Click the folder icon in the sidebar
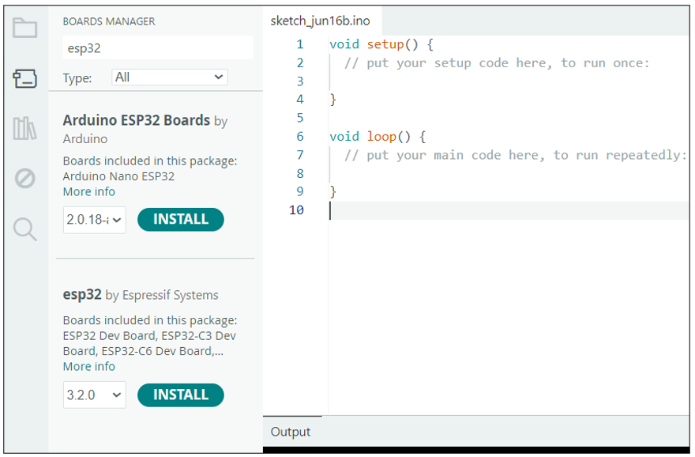tap(24, 28)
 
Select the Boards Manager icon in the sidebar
tap(24, 78)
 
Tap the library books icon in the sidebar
tap(24, 128)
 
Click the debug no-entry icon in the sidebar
tap(24, 179)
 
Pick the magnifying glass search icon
tap(24, 229)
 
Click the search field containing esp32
tap(158, 47)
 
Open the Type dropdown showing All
tap(170, 77)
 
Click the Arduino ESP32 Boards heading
tap(137, 120)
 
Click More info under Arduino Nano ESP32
tap(89, 191)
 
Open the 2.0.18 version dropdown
tap(95, 220)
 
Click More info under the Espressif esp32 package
tap(89, 367)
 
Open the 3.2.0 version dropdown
tap(95, 395)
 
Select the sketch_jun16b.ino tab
tap(320, 21)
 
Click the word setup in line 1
tap(385, 44)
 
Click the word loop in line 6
tap(381, 136)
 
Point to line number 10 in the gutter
tap(296, 210)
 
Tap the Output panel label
tap(291, 432)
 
